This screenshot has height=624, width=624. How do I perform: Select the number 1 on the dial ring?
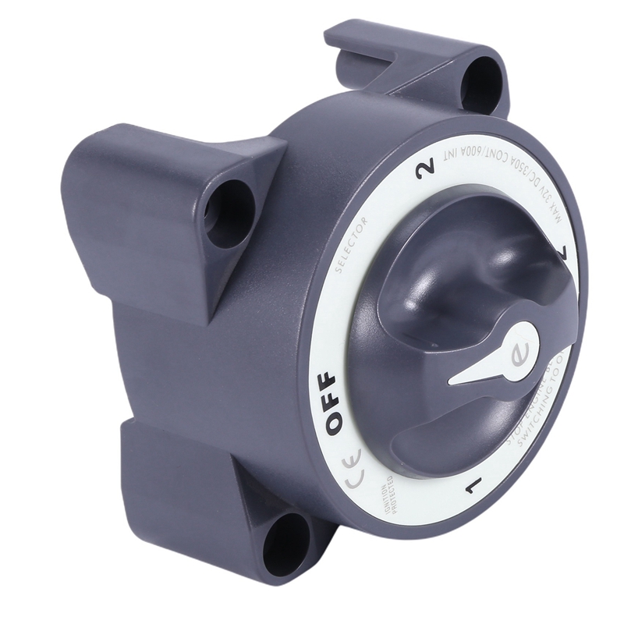tap(472, 489)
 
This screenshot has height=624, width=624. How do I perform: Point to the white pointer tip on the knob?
tap(460, 378)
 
